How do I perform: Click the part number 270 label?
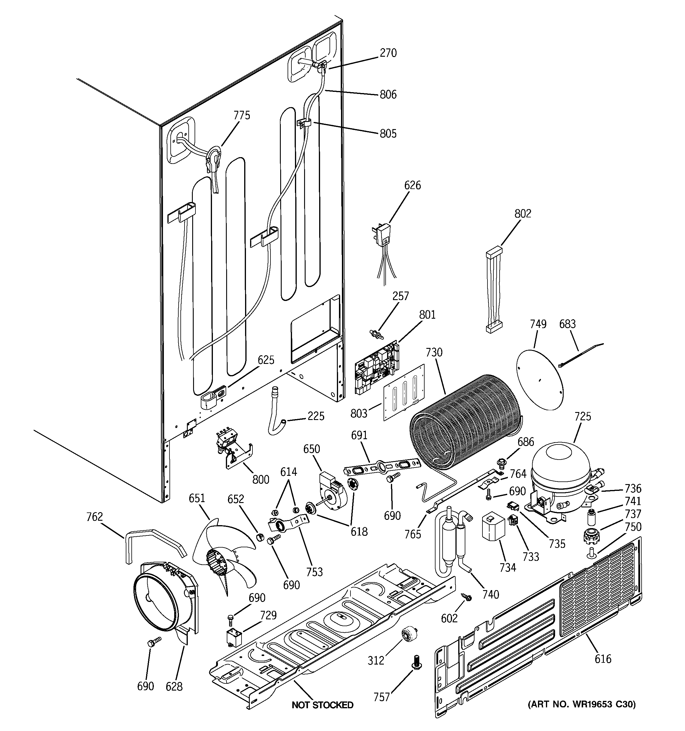pos(388,53)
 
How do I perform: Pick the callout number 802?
pos(523,214)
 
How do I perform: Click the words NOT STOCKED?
pos(322,705)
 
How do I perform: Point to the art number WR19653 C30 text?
pos(581,704)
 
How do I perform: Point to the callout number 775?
pos(242,115)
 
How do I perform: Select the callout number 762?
pos(94,517)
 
